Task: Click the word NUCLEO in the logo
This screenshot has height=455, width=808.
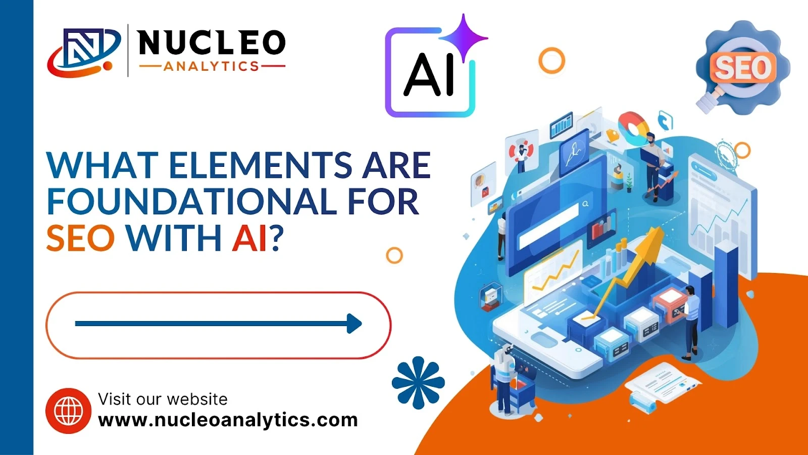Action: (x=212, y=42)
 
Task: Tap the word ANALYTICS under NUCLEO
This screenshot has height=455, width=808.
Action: (x=212, y=66)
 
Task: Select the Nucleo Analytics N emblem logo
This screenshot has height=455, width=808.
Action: (x=84, y=53)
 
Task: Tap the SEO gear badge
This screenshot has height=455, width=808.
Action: (x=742, y=67)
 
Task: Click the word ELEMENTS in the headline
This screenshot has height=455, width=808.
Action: (x=260, y=165)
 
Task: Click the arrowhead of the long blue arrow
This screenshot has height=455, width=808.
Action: (x=354, y=324)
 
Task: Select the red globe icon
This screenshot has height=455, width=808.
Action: (x=69, y=411)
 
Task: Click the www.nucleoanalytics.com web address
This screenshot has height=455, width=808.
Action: (x=228, y=420)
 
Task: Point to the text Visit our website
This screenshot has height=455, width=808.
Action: (x=163, y=399)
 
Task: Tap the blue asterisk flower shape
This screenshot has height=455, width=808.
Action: (x=418, y=383)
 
